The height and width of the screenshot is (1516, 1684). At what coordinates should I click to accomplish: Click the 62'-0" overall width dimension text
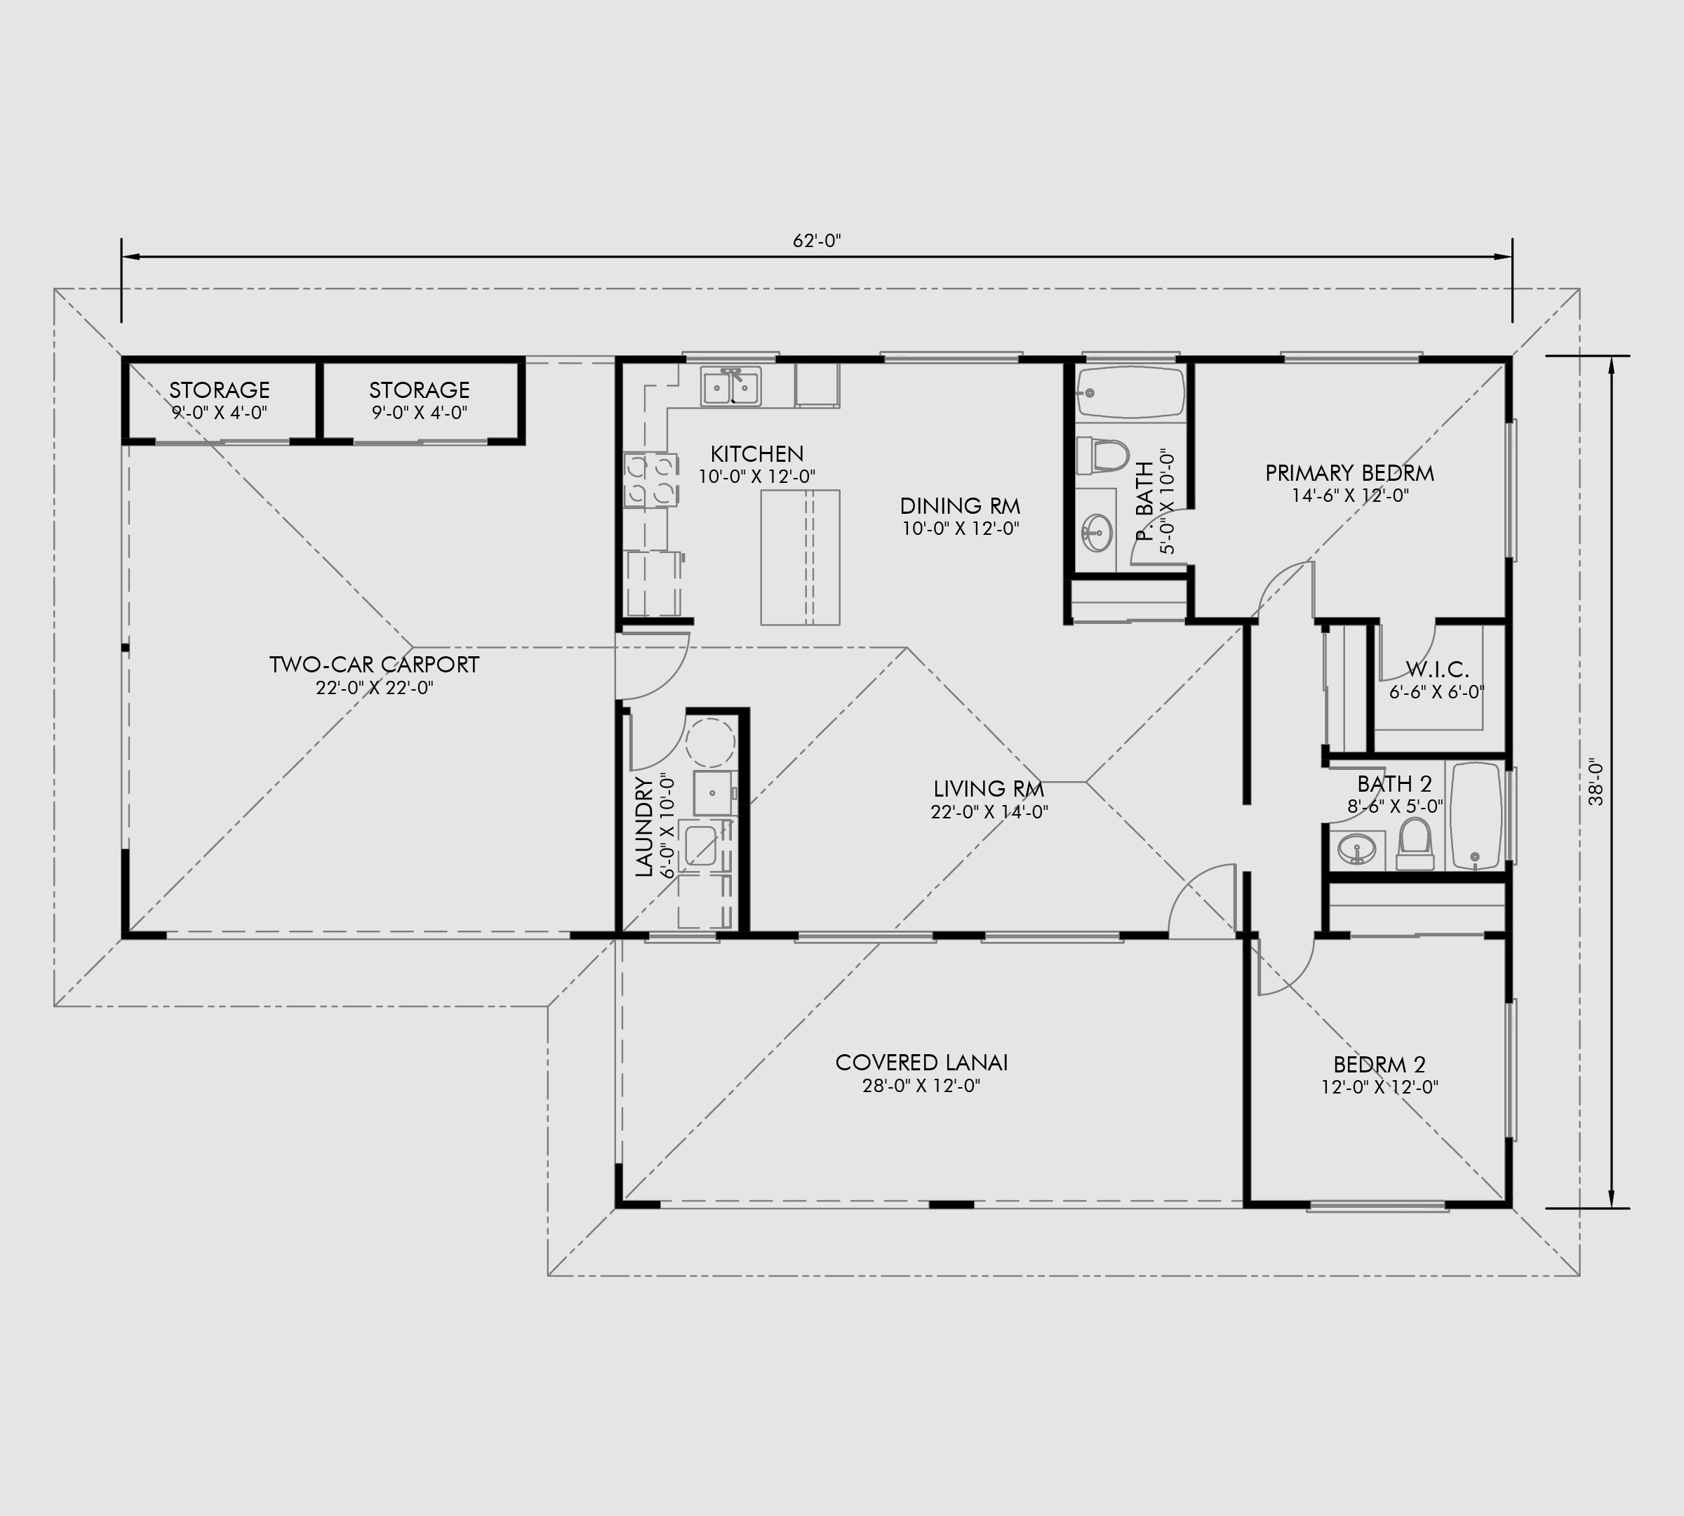[816, 241]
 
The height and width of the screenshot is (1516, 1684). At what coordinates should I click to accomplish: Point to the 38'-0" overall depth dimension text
[1594, 781]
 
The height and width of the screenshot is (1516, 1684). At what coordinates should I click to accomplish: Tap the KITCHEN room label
[756, 454]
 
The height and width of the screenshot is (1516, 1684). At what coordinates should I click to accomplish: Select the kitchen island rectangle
[799, 557]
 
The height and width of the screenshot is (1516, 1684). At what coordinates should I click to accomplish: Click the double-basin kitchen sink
[730, 387]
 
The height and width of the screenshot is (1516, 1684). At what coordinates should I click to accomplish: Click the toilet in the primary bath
[1103, 456]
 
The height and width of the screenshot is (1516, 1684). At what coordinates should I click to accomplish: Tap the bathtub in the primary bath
[1130, 393]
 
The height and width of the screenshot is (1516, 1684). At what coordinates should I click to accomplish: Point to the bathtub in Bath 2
[1476, 816]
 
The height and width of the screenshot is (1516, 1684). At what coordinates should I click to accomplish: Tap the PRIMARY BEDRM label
[1349, 473]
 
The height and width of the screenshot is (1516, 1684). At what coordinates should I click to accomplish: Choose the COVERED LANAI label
[921, 1063]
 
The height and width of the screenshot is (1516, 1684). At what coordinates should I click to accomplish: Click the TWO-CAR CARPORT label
[374, 665]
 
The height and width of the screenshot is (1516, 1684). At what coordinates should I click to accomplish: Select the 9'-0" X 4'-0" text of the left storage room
[219, 412]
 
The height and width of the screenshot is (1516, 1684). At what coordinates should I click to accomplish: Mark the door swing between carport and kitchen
[655, 666]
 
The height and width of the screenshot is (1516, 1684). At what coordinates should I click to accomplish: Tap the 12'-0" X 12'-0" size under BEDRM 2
[1379, 1087]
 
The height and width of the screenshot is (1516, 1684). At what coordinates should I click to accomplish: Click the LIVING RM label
[988, 789]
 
